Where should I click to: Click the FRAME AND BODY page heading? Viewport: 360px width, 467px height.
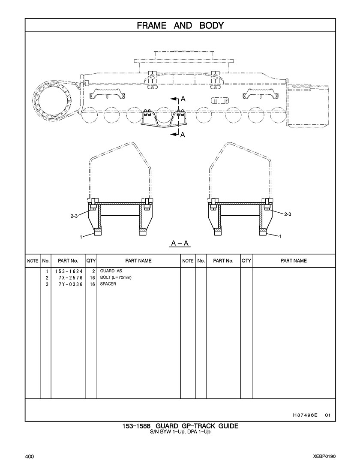tap(180, 26)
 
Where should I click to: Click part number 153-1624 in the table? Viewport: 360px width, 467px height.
tap(69, 271)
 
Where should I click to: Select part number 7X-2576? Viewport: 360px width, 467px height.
tap(71, 278)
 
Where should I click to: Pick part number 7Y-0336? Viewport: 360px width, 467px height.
tap(71, 284)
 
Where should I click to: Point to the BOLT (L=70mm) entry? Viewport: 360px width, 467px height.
tap(116, 277)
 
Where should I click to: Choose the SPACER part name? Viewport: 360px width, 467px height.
tap(108, 284)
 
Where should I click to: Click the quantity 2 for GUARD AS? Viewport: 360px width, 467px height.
tap(93, 271)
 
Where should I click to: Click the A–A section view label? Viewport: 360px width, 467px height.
tap(180, 243)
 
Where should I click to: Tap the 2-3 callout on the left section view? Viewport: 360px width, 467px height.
tap(74, 216)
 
